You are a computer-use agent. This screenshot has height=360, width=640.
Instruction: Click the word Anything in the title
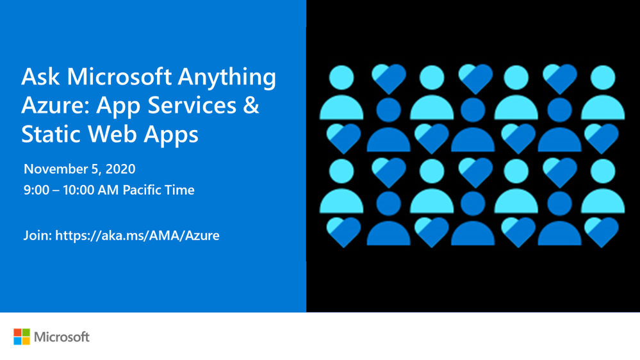pos(227,78)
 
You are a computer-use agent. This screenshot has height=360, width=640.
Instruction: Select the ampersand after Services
pos(251,105)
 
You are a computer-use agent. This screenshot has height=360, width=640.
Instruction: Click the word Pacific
pos(138,190)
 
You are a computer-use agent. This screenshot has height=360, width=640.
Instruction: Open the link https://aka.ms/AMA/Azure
pos(137,236)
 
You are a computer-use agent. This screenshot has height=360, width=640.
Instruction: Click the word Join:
pos(38,236)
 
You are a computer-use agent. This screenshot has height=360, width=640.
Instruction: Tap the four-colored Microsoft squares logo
pos(22,337)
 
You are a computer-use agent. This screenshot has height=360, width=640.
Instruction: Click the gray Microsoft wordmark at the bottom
pos(62,337)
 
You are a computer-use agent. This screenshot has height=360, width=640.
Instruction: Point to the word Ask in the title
pos(40,77)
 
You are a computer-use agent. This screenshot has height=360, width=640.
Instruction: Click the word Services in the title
pos(192,105)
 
